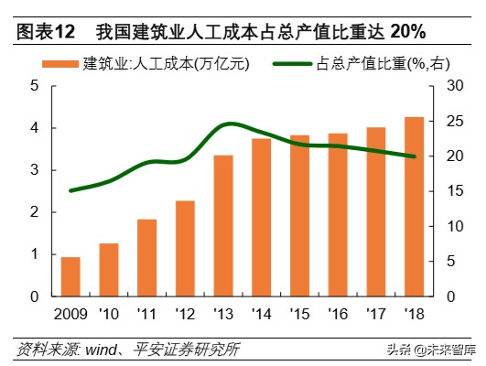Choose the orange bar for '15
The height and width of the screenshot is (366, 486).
(299, 216)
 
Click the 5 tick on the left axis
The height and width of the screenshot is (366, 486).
(35, 86)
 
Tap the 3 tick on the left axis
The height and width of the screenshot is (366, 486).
(35, 170)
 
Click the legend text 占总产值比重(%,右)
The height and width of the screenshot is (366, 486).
(375, 63)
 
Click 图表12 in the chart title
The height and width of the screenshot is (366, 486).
(45, 32)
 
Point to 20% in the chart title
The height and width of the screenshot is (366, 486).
(406, 32)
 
